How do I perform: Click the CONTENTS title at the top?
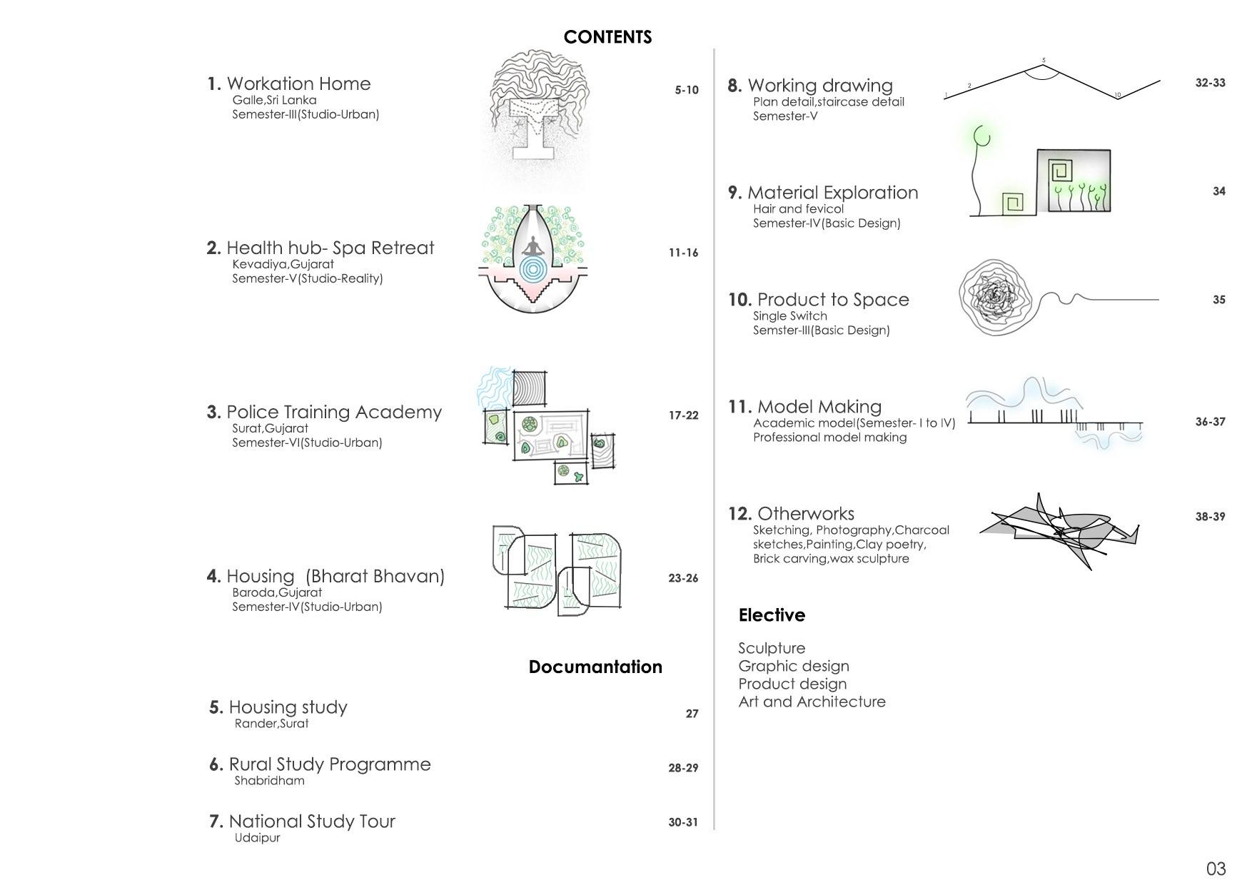pos(607,37)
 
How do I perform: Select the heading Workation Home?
pos(298,84)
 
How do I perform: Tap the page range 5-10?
pos(687,90)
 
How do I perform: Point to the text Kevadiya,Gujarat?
pos(283,263)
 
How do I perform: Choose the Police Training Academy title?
pos(333,412)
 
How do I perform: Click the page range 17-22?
pos(683,415)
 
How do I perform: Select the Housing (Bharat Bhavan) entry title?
pos(335,576)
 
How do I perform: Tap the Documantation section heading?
pos(595,667)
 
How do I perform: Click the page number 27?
pos(692,714)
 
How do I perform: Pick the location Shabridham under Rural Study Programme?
pos(269,780)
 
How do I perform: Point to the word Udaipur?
pos(257,837)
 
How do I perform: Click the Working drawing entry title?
pos(820,86)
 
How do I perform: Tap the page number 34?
pos(1218,191)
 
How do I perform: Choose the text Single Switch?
pos(789,315)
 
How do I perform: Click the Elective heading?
pos(772,615)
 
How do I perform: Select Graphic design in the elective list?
pos(793,666)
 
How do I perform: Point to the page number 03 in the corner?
pos(1216,869)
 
